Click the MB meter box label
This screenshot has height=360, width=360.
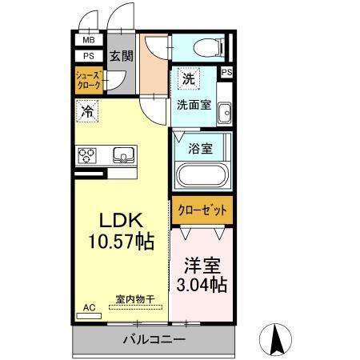click(x=89, y=40)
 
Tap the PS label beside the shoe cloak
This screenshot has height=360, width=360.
click(x=89, y=56)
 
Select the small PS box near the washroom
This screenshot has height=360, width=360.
click(x=227, y=72)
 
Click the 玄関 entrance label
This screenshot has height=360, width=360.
click(x=122, y=56)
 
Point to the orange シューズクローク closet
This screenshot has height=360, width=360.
click(x=89, y=80)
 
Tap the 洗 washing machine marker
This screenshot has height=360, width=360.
click(x=189, y=78)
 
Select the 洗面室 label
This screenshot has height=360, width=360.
click(x=194, y=105)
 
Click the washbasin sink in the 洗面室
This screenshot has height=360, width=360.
click(x=225, y=114)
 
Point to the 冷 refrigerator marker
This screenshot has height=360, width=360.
click(x=87, y=111)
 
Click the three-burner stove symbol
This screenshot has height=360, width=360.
click(x=87, y=155)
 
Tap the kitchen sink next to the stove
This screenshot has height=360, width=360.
click(x=123, y=154)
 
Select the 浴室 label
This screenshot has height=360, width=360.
click(x=201, y=149)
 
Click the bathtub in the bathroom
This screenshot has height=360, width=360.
click(x=202, y=175)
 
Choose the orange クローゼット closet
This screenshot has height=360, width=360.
click(x=202, y=210)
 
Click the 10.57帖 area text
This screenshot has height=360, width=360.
click(x=122, y=241)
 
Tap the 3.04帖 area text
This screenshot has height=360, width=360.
click(x=202, y=285)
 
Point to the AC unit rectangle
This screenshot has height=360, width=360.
click(x=89, y=316)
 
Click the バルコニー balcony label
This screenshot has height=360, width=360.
click(x=154, y=339)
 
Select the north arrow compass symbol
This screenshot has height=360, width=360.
click(x=275, y=339)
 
